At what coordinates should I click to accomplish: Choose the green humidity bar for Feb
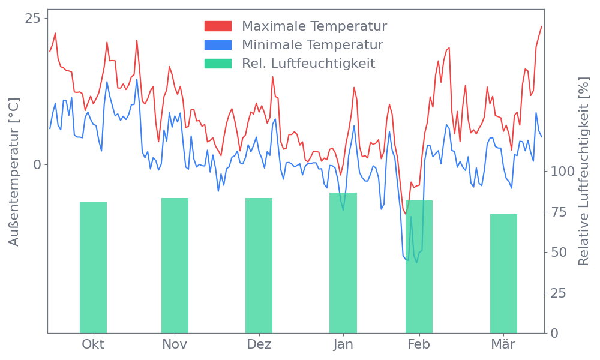[x=419, y=266]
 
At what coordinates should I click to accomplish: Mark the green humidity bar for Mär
[x=503, y=274]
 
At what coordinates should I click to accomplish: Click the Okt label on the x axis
[x=93, y=344]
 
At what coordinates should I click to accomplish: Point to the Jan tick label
[x=343, y=344]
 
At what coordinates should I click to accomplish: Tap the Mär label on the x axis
[x=503, y=344]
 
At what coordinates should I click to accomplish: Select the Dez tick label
[x=259, y=344]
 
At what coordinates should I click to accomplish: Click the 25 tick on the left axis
[x=32, y=19]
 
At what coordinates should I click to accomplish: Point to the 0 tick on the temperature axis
[x=37, y=164]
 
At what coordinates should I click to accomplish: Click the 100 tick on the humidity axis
[x=563, y=172]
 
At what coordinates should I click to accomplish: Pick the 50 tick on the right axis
[x=559, y=252]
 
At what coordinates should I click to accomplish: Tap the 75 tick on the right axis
[x=559, y=212]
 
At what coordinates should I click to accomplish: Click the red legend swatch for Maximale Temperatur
[x=218, y=26]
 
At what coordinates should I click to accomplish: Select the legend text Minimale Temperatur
[x=312, y=45]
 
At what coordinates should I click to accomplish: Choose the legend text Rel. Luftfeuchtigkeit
[x=308, y=63]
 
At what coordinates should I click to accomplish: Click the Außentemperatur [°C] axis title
[x=14, y=173]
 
